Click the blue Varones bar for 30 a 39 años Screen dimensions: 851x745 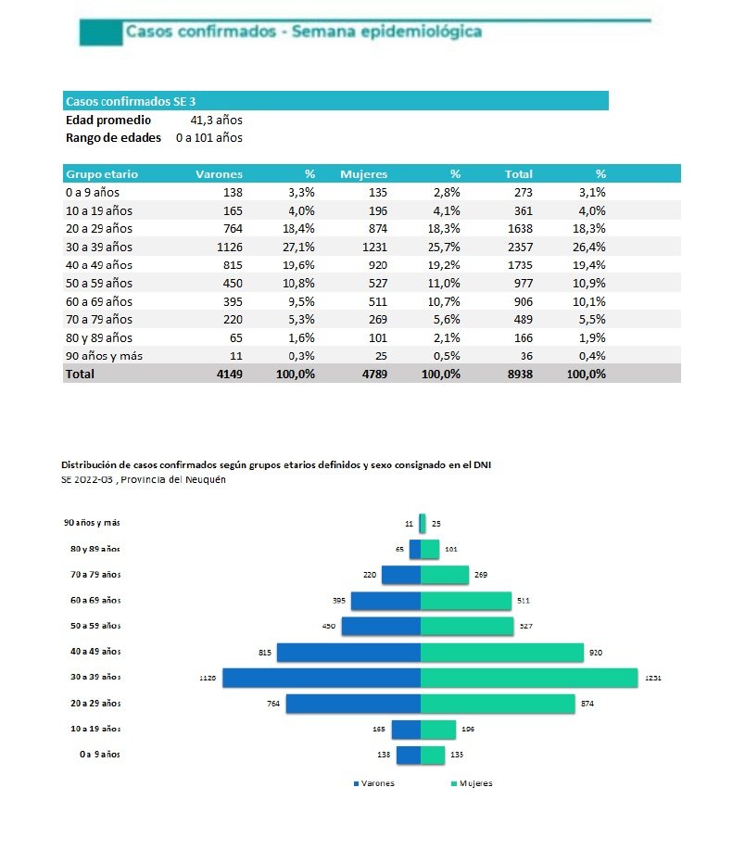click(322, 678)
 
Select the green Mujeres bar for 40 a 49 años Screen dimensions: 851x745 click(501, 653)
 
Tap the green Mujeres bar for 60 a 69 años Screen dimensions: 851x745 click(465, 601)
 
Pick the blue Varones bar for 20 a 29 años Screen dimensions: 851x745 click(353, 704)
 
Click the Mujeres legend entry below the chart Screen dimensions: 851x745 click(472, 783)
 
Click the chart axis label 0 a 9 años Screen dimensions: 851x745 click(100, 755)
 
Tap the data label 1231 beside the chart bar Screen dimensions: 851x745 click(653, 679)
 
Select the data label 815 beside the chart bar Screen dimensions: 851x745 click(264, 653)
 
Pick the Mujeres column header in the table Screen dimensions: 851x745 click(363, 173)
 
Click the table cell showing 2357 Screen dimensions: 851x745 click(516, 247)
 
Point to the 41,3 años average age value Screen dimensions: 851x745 click(216, 120)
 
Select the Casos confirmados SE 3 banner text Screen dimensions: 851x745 click(131, 101)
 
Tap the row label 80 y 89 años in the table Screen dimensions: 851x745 click(99, 337)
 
